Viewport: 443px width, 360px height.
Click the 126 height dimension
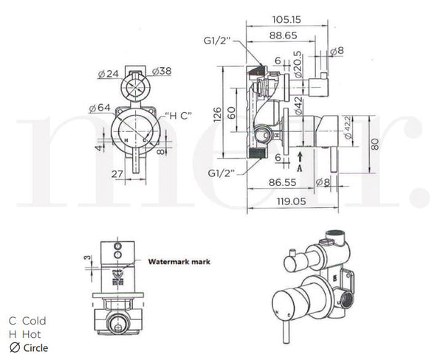[x=216, y=113]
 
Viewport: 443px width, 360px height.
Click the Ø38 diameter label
[x=162, y=72]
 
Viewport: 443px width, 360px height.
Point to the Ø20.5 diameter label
[x=297, y=63]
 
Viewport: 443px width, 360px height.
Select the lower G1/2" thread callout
[x=221, y=173]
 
